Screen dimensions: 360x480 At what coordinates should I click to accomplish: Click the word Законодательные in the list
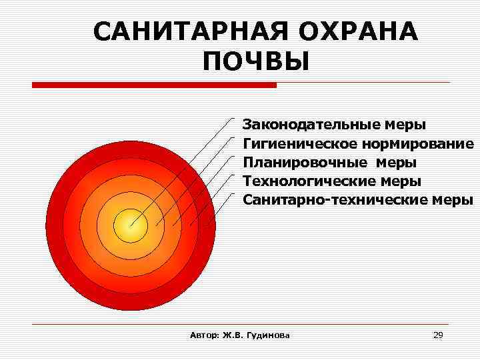tap(311, 125)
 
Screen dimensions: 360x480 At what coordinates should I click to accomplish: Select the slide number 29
tap(437, 335)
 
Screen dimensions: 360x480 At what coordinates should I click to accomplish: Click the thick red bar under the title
tap(154, 85)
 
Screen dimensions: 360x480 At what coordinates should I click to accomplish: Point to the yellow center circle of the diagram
tap(130, 226)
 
